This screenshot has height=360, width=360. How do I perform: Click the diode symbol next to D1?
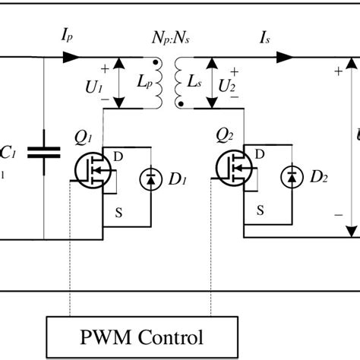pos(150,178)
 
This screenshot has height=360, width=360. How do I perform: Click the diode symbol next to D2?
pos(290,178)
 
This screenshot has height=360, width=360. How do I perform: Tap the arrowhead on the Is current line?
pos(286,56)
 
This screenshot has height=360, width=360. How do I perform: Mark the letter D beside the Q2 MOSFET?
pos(260,154)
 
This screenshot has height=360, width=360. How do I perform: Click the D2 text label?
pos(318,179)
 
